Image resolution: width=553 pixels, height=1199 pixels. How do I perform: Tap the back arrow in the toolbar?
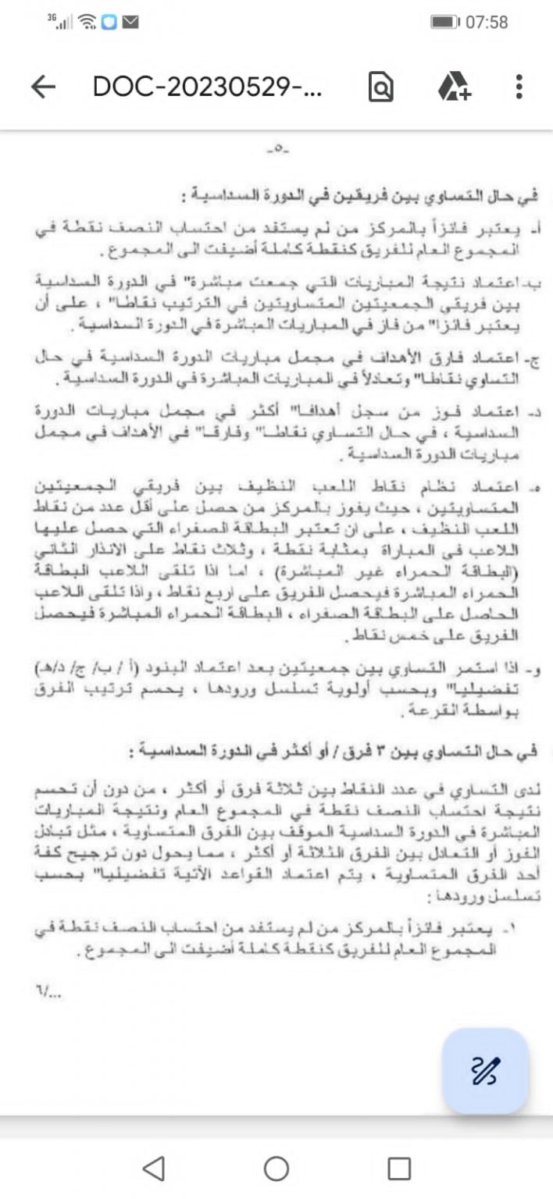[x=43, y=87]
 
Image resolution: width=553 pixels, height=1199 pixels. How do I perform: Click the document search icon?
[x=380, y=87]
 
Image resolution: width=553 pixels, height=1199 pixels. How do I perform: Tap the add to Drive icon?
[x=454, y=87]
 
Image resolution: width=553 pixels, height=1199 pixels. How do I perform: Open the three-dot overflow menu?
[x=519, y=87]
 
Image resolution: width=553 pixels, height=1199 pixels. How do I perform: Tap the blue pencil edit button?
[x=485, y=1070]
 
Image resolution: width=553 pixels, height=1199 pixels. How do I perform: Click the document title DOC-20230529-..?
[x=207, y=87]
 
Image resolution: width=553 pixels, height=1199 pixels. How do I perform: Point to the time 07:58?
[x=486, y=22]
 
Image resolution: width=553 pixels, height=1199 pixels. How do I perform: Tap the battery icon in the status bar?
[x=444, y=22]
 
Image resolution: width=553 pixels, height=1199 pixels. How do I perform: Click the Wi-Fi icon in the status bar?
[x=88, y=22]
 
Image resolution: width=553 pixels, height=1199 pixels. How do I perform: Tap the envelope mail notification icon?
[x=130, y=22]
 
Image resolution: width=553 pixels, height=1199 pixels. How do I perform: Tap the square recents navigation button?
[x=399, y=1169]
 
